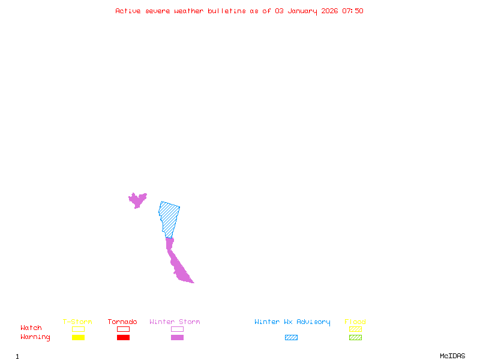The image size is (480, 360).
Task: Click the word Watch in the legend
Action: pyautogui.click(x=31, y=328)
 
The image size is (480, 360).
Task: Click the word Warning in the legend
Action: pyautogui.click(x=35, y=337)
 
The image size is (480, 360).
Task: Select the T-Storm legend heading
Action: pyautogui.click(x=77, y=322)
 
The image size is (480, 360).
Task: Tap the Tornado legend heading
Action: pyautogui.click(x=122, y=322)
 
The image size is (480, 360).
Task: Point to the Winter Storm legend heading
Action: pyautogui.click(x=175, y=322)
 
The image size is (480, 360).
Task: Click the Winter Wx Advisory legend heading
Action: pyautogui.click(x=292, y=322)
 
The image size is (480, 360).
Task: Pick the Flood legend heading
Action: pyautogui.click(x=355, y=322)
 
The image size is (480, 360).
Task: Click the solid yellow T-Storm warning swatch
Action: pyautogui.click(x=78, y=338)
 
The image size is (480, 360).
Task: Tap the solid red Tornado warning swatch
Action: pyautogui.click(x=123, y=338)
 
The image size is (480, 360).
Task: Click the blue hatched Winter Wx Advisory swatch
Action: pyautogui.click(x=291, y=338)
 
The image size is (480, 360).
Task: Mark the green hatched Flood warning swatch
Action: pyautogui.click(x=355, y=338)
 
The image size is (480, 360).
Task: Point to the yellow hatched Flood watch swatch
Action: pyautogui.click(x=355, y=329)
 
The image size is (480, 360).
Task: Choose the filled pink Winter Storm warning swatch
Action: pyautogui.click(x=177, y=338)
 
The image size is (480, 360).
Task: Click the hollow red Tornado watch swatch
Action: pyautogui.click(x=123, y=329)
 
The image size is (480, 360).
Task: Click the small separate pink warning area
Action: pyautogui.click(x=137, y=199)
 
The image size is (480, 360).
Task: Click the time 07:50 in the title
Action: pyautogui.click(x=353, y=11)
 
